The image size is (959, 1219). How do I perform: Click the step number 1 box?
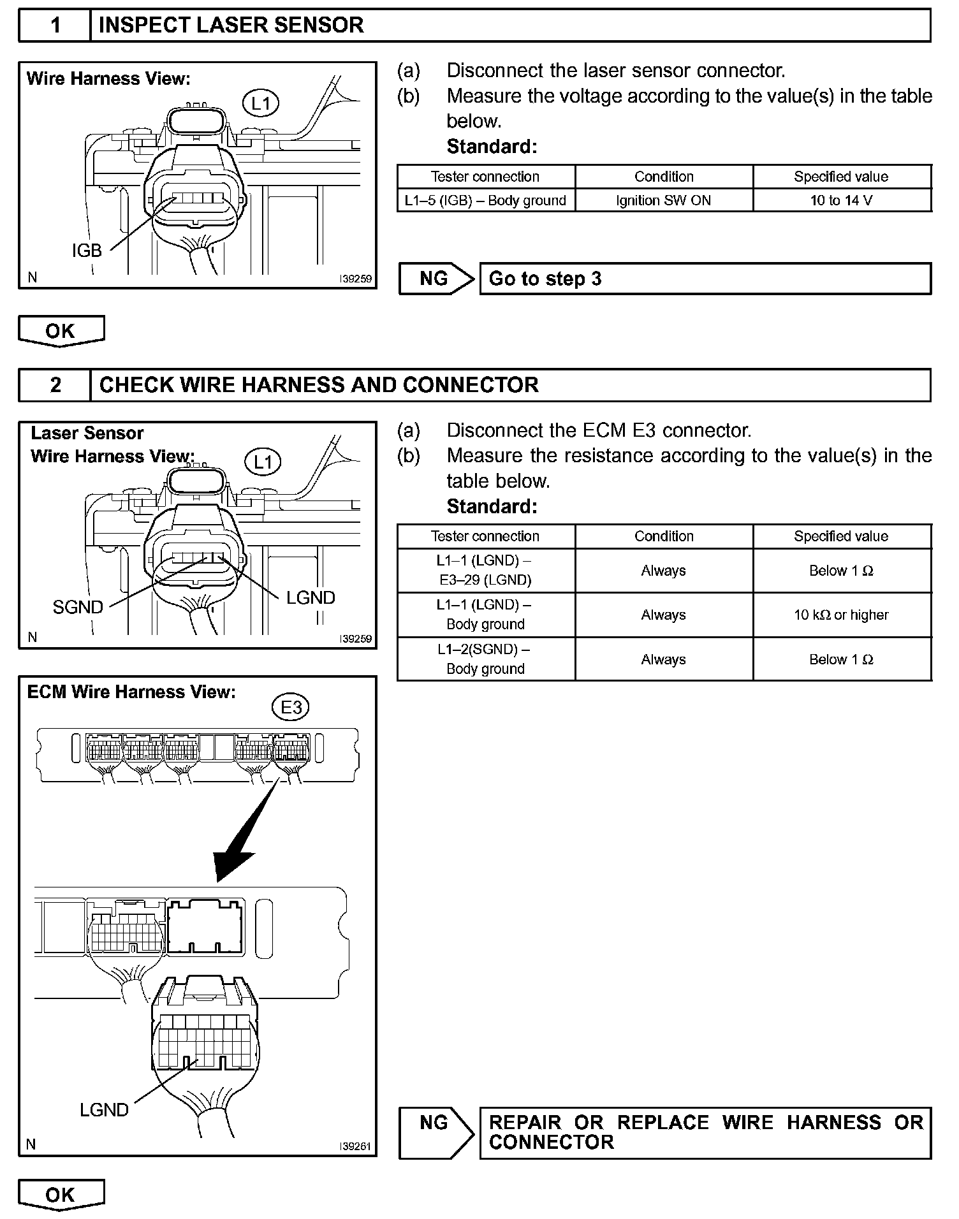coord(55,26)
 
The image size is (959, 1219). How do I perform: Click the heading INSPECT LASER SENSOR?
coord(231,26)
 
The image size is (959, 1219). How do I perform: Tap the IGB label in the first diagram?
coord(87,251)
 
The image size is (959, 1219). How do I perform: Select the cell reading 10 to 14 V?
coord(841,200)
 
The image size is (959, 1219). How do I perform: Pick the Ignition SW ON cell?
coord(663,200)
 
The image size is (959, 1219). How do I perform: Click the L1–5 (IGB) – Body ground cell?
coord(485,200)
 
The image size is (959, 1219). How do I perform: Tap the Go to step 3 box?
coord(705,279)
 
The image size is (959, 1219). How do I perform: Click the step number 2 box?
coord(55,385)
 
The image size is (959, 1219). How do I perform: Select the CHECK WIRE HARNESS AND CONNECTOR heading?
coord(319,385)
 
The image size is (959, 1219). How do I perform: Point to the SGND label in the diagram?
coord(78,608)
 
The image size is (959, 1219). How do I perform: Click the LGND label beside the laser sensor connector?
coord(311,598)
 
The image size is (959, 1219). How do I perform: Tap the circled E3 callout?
coord(291,708)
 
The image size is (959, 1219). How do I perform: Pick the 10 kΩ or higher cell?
coord(841,615)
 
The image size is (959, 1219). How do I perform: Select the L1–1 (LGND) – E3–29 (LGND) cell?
coord(485,571)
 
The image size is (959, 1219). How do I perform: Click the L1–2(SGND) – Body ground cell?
coord(485,659)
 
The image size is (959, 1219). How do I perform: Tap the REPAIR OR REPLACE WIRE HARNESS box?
coord(705,1132)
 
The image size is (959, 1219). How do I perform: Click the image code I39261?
coord(355,1146)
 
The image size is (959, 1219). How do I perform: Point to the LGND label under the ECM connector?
coord(104,1110)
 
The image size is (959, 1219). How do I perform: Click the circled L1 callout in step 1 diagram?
coord(261,103)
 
